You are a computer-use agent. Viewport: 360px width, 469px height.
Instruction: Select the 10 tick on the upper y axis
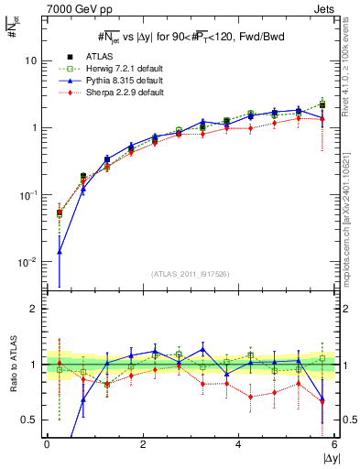32,60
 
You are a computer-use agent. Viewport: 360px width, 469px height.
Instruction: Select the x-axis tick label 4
239,443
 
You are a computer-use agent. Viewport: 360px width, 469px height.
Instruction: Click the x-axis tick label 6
334,443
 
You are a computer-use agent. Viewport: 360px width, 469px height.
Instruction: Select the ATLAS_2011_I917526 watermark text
191,274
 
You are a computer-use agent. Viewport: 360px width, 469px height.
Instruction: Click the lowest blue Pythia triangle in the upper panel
60,251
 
